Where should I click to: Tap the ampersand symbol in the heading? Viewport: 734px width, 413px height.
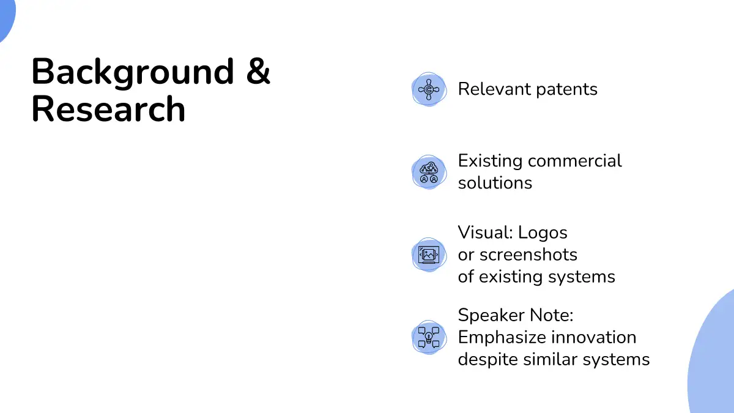[x=258, y=70]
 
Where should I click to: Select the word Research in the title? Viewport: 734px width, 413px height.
[x=108, y=108]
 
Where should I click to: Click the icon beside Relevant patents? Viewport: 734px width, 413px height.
[x=429, y=89]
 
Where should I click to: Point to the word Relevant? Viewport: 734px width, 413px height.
[x=494, y=89]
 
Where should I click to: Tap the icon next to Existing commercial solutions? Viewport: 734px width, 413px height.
[x=429, y=172]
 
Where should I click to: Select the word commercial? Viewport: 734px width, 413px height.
[x=575, y=160]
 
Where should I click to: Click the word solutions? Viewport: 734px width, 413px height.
[x=495, y=182]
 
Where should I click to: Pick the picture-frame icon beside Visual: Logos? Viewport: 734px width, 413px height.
[x=429, y=255]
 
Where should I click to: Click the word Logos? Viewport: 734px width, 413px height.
[x=543, y=233]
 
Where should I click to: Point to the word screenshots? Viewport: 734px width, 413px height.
[x=528, y=255]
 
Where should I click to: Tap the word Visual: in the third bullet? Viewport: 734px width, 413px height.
[x=485, y=233]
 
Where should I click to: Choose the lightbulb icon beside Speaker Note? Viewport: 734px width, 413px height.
[x=429, y=337]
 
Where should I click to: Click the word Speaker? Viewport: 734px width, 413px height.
[x=491, y=316]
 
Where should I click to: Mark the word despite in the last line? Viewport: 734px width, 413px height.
[x=487, y=360]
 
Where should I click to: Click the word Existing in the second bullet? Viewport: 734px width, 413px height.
[x=490, y=162]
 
